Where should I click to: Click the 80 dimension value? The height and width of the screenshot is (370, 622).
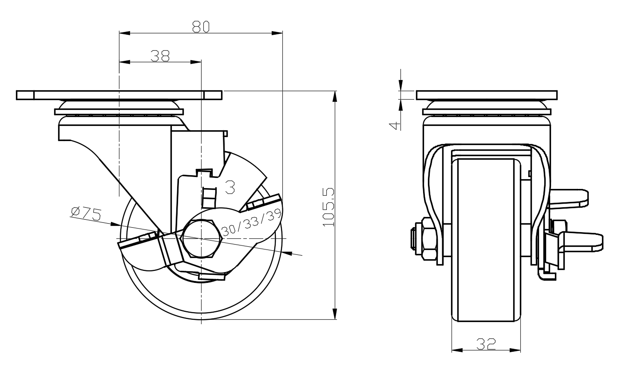click(201, 27)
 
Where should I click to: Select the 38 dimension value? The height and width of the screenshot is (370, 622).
click(160, 56)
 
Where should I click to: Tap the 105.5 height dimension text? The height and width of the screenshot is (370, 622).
click(329, 207)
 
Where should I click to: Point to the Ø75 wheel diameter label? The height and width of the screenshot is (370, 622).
click(86, 213)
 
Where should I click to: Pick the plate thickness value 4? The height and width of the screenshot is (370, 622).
click(395, 126)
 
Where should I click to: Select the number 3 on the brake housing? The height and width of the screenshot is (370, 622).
click(230, 187)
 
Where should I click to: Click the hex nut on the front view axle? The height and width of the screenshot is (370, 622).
click(429, 239)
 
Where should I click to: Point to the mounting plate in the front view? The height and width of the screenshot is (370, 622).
click(487, 95)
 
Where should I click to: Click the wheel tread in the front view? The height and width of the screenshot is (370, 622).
click(486, 240)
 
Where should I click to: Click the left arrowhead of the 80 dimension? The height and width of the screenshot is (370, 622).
click(125, 33)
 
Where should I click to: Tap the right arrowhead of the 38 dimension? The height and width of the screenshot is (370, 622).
click(195, 62)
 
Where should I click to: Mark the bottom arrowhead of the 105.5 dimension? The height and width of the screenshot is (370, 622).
click(335, 314)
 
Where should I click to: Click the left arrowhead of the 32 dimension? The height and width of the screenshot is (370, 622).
click(457, 350)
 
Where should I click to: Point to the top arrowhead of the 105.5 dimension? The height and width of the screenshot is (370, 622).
click(335, 97)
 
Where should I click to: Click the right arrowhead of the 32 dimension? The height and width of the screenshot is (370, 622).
click(515, 350)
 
